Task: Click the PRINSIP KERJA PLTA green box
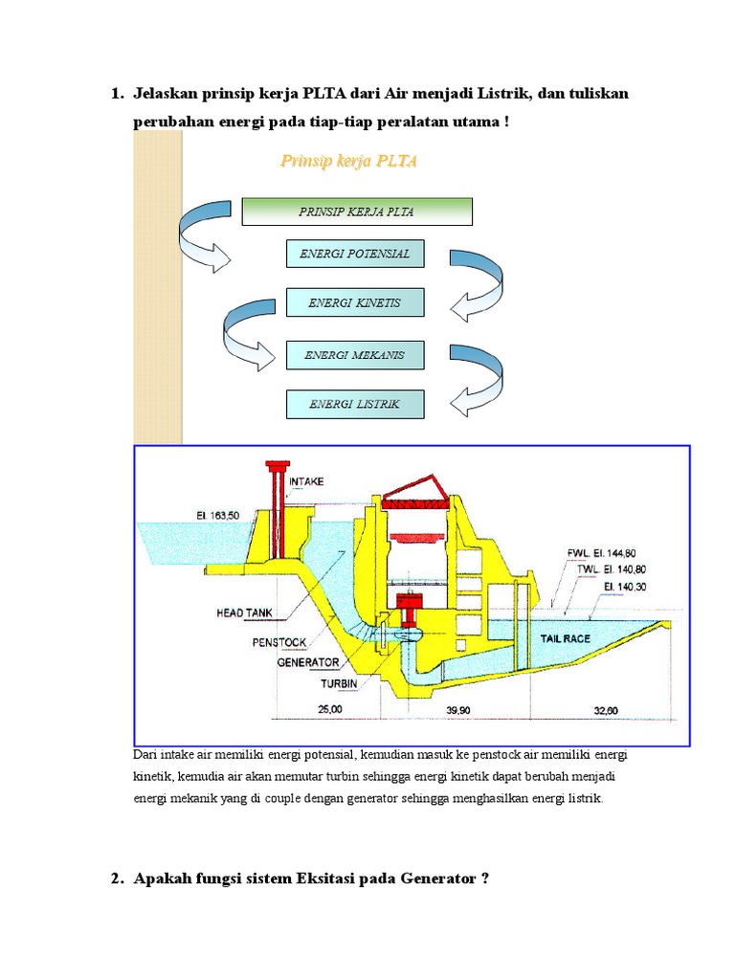356,212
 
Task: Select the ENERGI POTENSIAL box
354,254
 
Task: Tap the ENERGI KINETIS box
354,303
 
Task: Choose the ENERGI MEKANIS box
354,355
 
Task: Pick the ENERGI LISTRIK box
354,404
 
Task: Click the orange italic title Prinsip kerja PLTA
348,161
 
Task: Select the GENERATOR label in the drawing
307,661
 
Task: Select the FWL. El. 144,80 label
600,553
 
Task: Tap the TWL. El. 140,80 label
612,568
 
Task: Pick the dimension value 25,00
328,711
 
